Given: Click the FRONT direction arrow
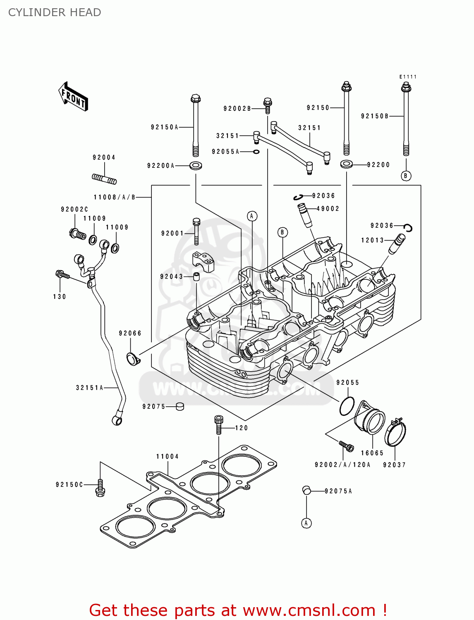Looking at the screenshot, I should (73, 97).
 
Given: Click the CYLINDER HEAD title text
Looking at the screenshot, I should (55, 12).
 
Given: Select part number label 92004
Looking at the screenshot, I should (104, 157).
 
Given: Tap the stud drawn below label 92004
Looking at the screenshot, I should (104, 179).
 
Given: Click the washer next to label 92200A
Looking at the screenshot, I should (196, 166).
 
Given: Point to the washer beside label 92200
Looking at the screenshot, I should (347, 165).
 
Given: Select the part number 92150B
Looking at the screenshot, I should (375, 116).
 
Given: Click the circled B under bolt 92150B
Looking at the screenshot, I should (406, 176).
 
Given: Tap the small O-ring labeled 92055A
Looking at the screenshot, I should (256, 152).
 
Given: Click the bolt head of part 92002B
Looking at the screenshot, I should (267, 102).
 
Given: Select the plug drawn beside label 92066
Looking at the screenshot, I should (133, 359).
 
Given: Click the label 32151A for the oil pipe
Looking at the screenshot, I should (89, 388).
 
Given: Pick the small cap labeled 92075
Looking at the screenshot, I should (180, 406).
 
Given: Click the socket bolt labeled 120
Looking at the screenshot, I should (219, 424).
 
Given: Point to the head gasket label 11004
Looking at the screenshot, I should (168, 456).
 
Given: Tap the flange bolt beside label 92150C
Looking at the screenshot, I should (100, 488).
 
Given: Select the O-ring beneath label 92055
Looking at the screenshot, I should (347, 406).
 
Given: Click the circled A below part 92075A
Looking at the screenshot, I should (306, 523).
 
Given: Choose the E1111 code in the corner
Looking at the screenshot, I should (408, 77).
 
